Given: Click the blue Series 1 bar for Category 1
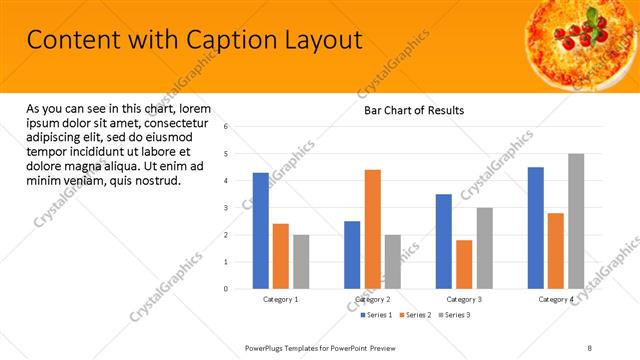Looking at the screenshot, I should click(x=261, y=231).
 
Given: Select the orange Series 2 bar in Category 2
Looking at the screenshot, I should click(x=372, y=229).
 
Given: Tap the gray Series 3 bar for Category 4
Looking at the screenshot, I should click(x=576, y=221).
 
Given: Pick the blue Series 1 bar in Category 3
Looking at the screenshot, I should click(x=444, y=241).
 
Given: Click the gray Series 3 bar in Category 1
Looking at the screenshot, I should click(x=301, y=262).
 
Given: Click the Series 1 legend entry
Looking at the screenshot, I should click(x=376, y=315).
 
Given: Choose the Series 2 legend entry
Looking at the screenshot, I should click(x=415, y=315).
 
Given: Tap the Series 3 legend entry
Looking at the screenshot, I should click(x=454, y=315).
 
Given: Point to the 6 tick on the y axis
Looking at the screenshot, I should click(x=227, y=127).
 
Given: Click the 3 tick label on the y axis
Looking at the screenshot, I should click(x=227, y=208).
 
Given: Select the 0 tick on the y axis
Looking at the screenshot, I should click(x=227, y=289).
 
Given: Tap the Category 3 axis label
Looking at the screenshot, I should click(x=464, y=299).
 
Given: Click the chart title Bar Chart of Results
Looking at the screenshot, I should click(x=413, y=110).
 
